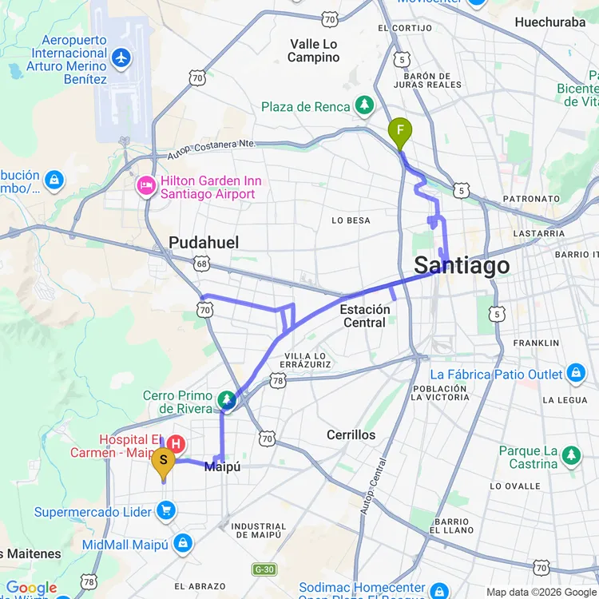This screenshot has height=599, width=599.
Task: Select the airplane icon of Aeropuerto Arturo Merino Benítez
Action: click(x=121, y=58)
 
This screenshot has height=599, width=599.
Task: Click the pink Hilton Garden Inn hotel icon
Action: click(x=146, y=187)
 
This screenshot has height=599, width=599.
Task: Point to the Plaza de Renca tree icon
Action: click(x=364, y=105)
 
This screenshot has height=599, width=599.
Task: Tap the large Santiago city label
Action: click(x=462, y=266)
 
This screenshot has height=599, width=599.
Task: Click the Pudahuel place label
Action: click(x=204, y=242)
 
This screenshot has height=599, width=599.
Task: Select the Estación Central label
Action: click(x=364, y=315)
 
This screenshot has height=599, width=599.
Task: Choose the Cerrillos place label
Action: click(x=351, y=435)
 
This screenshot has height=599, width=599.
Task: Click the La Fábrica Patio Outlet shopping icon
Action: click(x=576, y=373)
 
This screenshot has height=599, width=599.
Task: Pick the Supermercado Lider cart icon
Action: click(x=166, y=510)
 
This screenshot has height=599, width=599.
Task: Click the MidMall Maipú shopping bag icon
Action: click(x=183, y=544)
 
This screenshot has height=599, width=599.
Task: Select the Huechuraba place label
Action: click(x=550, y=22)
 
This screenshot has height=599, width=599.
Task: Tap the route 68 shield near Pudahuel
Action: click(x=201, y=263)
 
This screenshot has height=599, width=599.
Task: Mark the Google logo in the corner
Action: click(x=32, y=589)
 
